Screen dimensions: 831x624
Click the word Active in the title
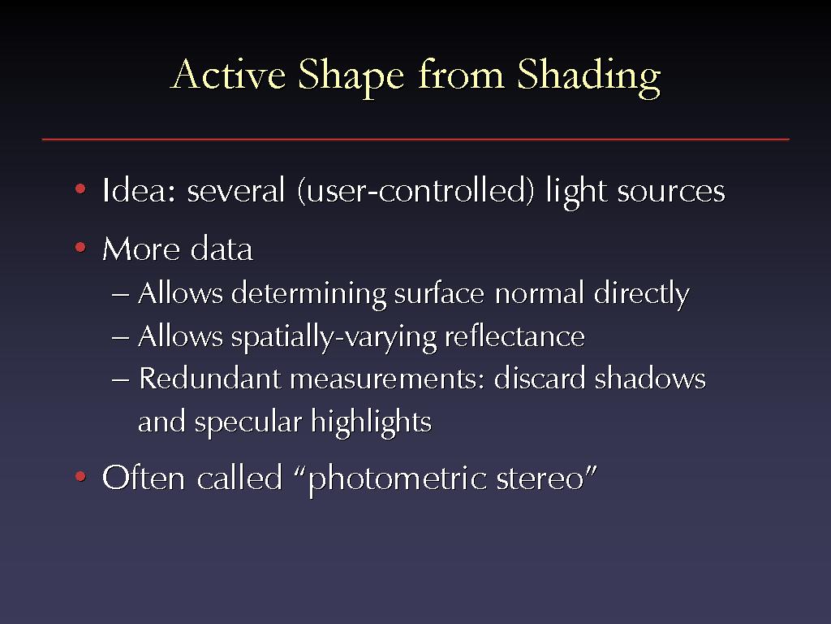(228, 74)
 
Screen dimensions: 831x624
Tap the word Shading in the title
(589, 77)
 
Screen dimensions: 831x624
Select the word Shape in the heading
(351, 77)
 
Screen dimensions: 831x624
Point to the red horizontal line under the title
(415, 140)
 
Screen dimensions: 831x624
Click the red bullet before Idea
(80, 188)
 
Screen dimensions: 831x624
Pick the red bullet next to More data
(80, 247)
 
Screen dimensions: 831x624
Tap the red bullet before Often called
(80, 476)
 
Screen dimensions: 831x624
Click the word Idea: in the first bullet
(139, 190)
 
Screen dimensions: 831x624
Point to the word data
(222, 249)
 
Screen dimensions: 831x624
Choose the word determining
(309, 294)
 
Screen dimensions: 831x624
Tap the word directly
(641, 294)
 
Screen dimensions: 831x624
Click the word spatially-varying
(334, 337)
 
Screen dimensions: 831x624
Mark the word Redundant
(210, 379)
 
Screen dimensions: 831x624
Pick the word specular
(248, 422)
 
